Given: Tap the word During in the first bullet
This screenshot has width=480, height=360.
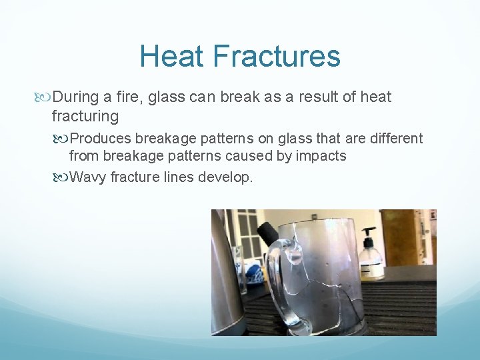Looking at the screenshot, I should click(x=77, y=97).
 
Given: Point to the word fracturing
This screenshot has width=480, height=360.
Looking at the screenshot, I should click(x=85, y=117).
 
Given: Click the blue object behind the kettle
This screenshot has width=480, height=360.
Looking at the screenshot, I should click(x=254, y=273).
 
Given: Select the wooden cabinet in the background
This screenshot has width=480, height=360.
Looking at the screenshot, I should click(x=399, y=237).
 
